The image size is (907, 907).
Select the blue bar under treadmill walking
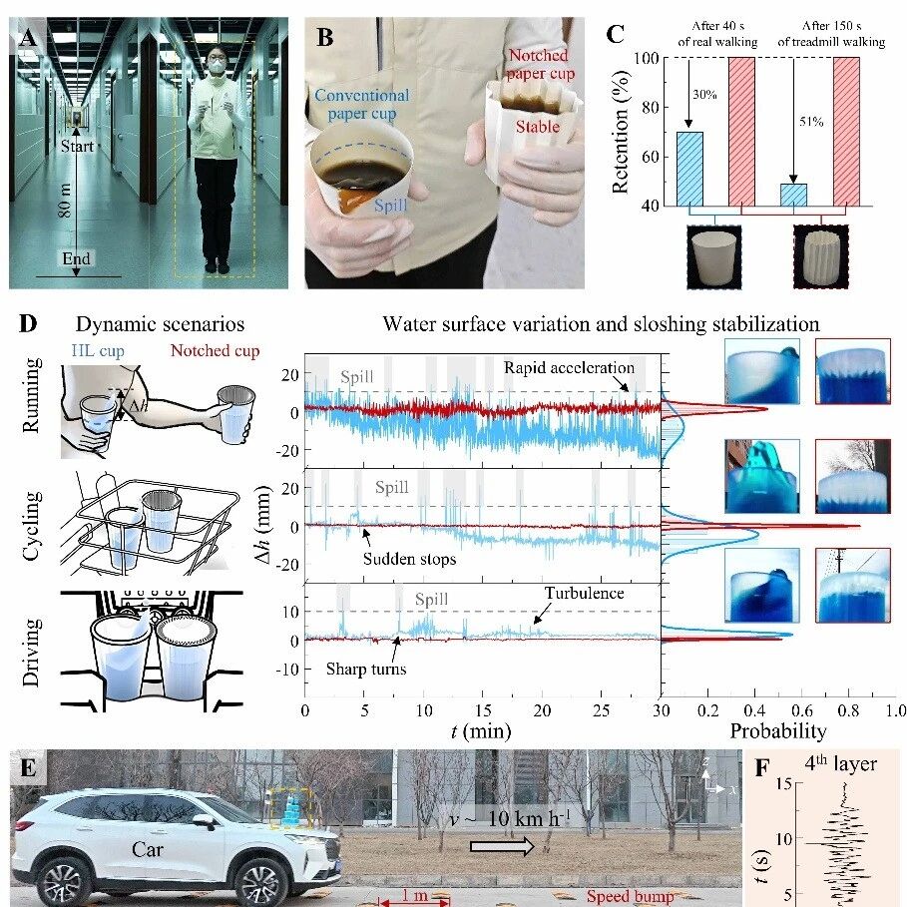point(793,194)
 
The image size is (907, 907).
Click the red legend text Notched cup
point(215,350)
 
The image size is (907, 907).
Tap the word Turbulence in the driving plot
point(584,593)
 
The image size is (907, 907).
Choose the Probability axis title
point(778,731)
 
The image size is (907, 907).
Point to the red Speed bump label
point(629,896)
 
